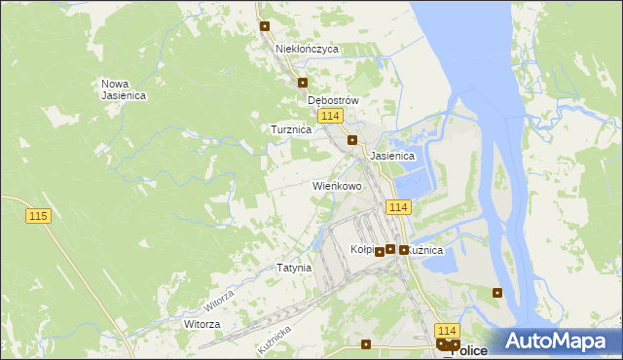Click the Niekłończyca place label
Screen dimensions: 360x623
[307, 48]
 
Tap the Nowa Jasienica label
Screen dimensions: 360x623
[124, 89]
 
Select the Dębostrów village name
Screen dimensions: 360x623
[334, 100]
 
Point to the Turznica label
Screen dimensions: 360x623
[291, 128]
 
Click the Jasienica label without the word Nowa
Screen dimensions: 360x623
[392, 156]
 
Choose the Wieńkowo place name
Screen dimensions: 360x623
[337, 185]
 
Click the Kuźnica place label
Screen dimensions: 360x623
[427, 250]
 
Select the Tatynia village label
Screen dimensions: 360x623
[294, 267]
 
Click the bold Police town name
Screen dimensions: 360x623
[470, 351]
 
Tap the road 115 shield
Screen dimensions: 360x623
[38, 215]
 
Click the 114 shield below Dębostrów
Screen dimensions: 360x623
[330, 116]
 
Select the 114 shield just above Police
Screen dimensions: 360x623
[447, 331]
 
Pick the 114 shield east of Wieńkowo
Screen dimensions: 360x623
[399, 207]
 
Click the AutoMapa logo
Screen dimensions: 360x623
[560, 341]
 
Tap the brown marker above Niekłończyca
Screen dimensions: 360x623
[264, 26]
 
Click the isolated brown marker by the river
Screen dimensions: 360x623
[497, 292]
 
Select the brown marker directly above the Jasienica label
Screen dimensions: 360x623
[352, 140]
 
